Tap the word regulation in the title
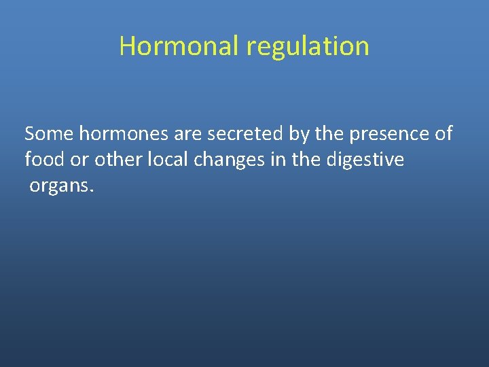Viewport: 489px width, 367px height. pyautogui.click(x=308, y=46)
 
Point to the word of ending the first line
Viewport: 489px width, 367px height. pyautogui.click(x=443, y=134)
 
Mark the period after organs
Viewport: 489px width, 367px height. pyautogui.click(x=90, y=190)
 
